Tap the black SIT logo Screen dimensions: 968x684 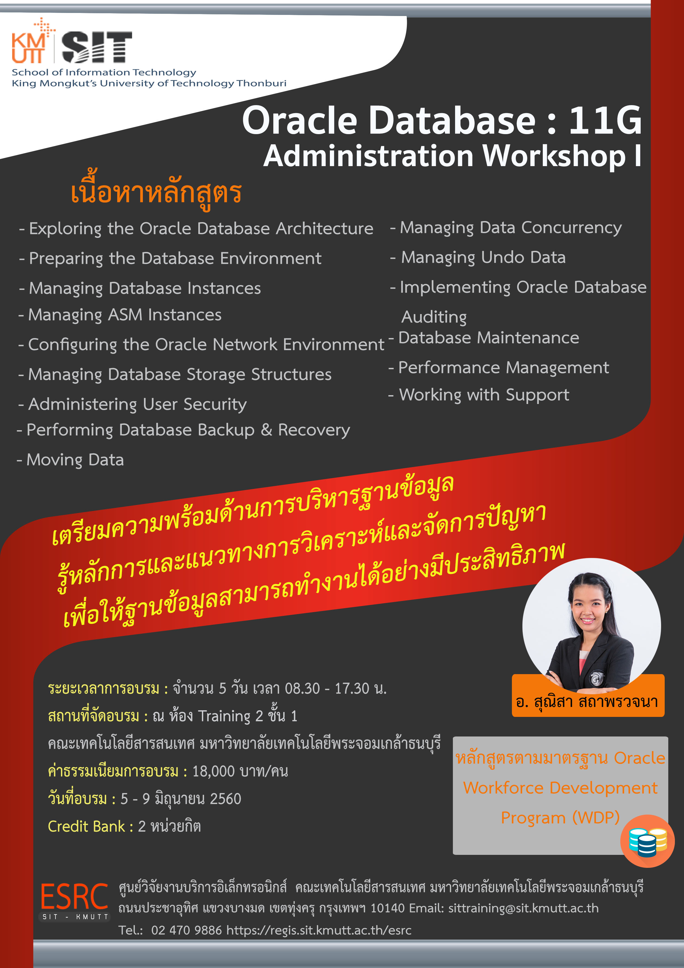[97, 47]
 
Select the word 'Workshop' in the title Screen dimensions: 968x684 [554, 156]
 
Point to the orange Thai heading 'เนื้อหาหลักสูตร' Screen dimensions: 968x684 [156, 193]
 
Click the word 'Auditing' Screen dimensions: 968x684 [434, 317]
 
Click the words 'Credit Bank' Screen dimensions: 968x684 [86, 826]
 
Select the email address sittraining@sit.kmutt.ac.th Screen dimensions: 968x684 [523, 908]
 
